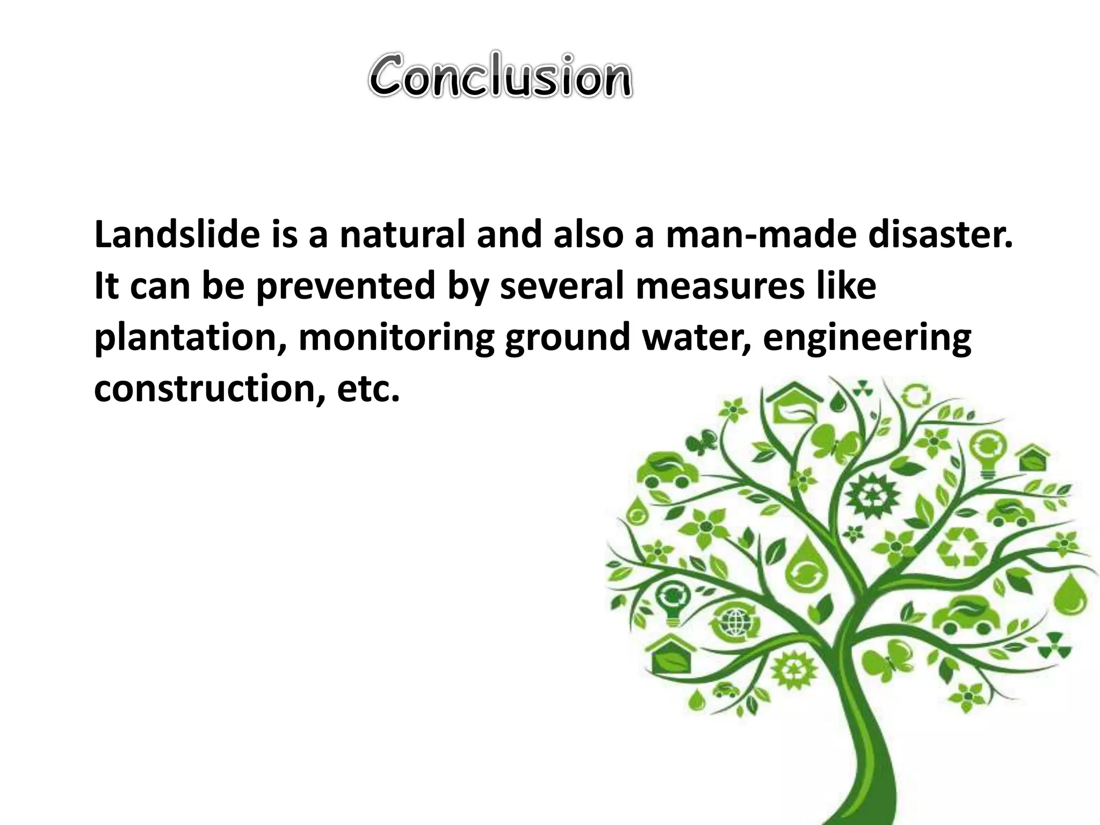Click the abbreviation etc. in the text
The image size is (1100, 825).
[x=368, y=388]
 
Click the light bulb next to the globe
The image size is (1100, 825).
[x=672, y=602]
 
